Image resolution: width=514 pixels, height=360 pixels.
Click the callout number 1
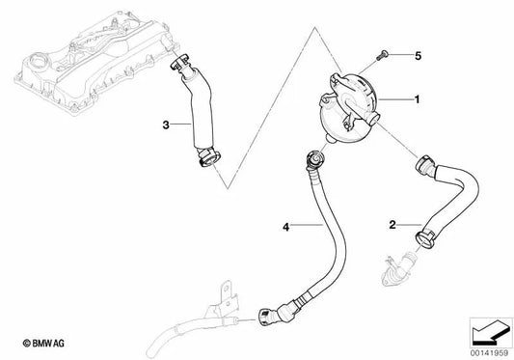pos(417,99)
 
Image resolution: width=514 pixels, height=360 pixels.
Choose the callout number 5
pos(419,54)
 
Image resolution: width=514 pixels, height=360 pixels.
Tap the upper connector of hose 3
pos(179,67)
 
